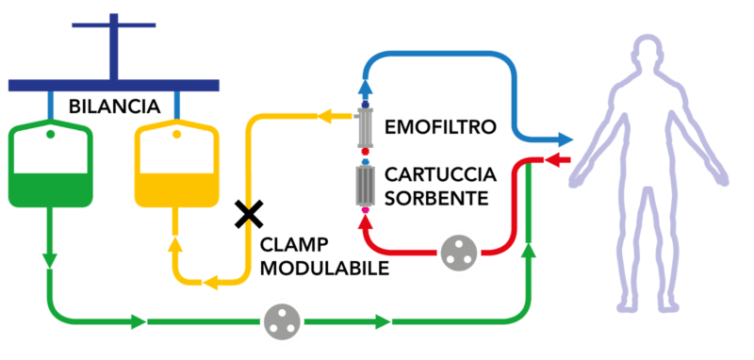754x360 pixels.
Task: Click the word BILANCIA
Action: [x=114, y=106]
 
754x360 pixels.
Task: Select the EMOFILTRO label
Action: [x=440, y=127]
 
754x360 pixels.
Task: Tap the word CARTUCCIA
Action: [x=440, y=175]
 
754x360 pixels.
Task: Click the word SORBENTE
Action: [x=436, y=198]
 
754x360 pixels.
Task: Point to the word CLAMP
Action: [x=287, y=246]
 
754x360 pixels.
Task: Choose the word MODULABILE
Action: [x=324, y=269]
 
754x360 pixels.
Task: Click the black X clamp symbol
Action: [x=249, y=214]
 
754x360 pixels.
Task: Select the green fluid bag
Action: [x=51, y=165]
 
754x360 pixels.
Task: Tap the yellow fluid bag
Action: [x=176, y=165]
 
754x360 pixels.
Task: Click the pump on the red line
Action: [x=459, y=253]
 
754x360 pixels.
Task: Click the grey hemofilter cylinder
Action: [x=366, y=128]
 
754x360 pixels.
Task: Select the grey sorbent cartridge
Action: [x=366, y=186]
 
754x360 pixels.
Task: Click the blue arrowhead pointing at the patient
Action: [x=565, y=139]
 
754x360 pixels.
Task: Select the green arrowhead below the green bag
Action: [x=50, y=260]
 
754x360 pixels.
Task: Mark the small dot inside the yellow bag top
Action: [x=176, y=134]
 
